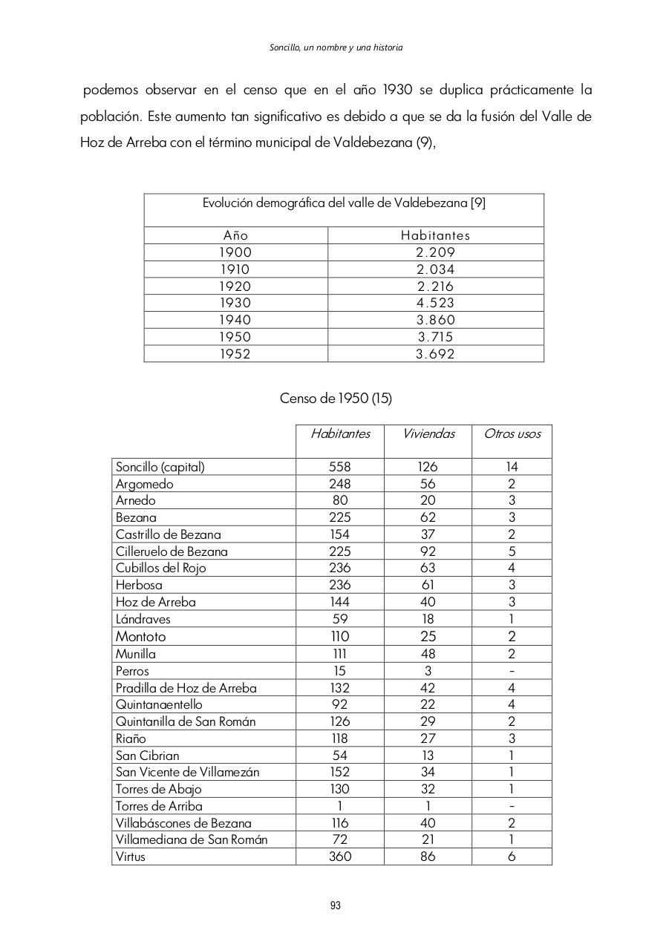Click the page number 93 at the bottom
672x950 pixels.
coord(336,905)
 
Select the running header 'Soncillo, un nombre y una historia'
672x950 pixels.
coord(336,47)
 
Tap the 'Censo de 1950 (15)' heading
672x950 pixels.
coord(336,399)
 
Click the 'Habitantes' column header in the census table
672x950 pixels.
coord(340,433)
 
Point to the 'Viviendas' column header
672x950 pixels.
coord(428,433)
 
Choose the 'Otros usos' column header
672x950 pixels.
coord(512,433)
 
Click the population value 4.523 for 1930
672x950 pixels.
coord(436,303)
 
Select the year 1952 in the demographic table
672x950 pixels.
coord(235,354)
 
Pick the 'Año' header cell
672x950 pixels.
coord(235,235)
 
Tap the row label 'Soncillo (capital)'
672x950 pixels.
coord(160,467)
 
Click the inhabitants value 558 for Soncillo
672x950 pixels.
coord(340,467)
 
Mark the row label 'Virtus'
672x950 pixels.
coord(131,856)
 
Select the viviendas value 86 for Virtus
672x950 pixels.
coord(428,856)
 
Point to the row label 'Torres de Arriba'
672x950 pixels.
coord(159,806)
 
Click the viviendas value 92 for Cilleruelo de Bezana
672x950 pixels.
coord(428,551)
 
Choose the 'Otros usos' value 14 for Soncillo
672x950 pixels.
coord(512,467)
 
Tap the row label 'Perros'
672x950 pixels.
coord(132,671)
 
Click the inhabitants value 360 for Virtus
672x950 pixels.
coord(340,856)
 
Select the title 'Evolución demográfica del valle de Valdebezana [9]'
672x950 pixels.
coord(344,203)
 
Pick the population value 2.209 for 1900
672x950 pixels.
coord(436,252)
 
